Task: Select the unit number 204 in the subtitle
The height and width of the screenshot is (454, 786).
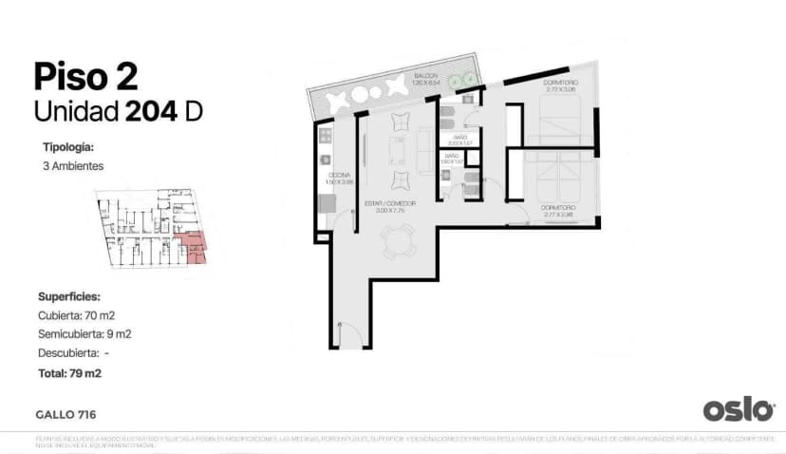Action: click(150, 111)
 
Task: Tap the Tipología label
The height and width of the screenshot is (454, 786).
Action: click(68, 147)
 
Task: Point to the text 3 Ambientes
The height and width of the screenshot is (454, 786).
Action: click(73, 166)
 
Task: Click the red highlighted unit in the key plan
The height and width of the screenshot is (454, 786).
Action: click(195, 245)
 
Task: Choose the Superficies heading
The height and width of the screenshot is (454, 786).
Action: click(68, 296)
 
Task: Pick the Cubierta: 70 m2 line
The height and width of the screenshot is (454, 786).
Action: click(77, 315)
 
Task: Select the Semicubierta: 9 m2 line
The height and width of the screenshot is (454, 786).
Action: click(84, 334)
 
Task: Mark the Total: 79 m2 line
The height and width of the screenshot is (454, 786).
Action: click(70, 373)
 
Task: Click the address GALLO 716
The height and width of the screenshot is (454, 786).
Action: click(65, 414)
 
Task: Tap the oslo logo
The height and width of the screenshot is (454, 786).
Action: click(739, 409)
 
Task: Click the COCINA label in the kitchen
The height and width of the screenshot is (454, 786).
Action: click(336, 176)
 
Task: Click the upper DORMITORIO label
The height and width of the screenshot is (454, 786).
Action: click(560, 85)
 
